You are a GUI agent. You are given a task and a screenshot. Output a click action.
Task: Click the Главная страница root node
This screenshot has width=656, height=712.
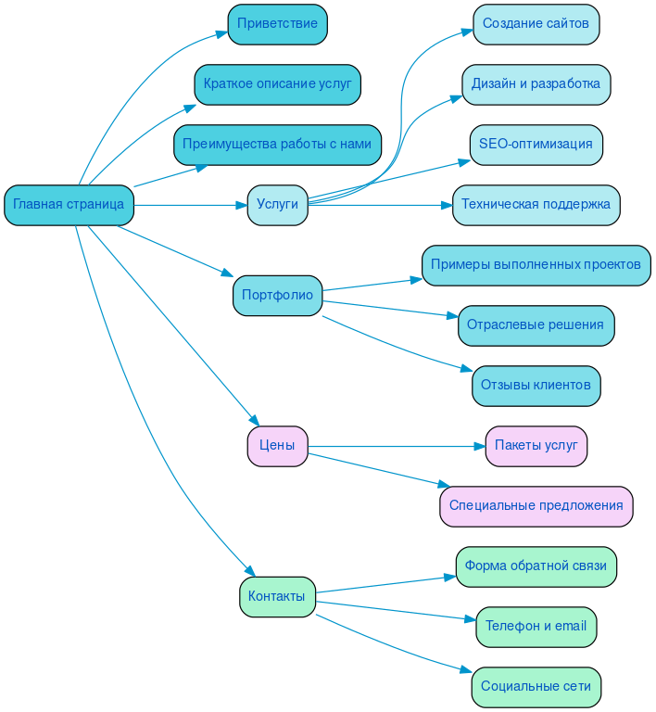click(69, 205)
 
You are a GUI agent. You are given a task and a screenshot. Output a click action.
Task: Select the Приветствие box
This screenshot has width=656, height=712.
click(277, 24)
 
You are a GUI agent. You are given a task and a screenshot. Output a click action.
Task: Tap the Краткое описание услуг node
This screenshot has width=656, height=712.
click(277, 84)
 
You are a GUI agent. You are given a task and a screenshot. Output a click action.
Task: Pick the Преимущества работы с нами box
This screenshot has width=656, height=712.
click(277, 145)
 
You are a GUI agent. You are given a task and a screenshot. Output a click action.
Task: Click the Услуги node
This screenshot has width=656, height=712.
click(277, 205)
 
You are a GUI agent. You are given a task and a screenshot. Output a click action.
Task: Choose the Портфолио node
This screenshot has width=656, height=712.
click(277, 296)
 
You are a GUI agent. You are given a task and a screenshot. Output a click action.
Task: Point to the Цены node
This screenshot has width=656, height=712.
click(277, 446)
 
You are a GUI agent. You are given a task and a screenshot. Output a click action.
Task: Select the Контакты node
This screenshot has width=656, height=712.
click(277, 597)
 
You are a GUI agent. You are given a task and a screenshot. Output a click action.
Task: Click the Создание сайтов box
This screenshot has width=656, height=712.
click(536, 24)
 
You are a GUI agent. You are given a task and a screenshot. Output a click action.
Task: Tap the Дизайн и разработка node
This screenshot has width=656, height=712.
click(536, 84)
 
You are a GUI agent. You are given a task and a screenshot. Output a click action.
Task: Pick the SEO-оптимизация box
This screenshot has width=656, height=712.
click(536, 145)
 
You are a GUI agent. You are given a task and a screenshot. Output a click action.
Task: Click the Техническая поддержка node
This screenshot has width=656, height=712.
click(536, 205)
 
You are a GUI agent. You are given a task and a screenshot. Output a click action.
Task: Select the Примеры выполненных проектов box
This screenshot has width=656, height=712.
click(536, 265)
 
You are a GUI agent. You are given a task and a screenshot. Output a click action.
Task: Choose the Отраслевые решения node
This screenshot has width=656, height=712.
click(536, 325)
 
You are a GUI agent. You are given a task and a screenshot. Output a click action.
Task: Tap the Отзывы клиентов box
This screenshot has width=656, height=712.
click(536, 386)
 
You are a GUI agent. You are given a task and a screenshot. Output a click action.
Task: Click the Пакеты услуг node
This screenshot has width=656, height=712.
click(536, 446)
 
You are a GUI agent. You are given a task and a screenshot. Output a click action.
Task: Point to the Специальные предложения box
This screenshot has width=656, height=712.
click(536, 506)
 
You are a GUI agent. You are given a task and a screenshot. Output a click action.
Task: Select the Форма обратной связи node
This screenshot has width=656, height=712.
click(536, 566)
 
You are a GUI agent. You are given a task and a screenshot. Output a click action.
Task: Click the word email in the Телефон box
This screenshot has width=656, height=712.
click(570, 627)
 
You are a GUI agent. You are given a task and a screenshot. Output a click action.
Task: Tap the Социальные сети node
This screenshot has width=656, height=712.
click(536, 687)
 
